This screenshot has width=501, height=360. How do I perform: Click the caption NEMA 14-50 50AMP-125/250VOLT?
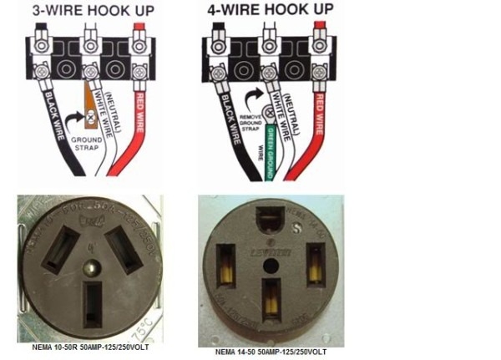click(x=271, y=353)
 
